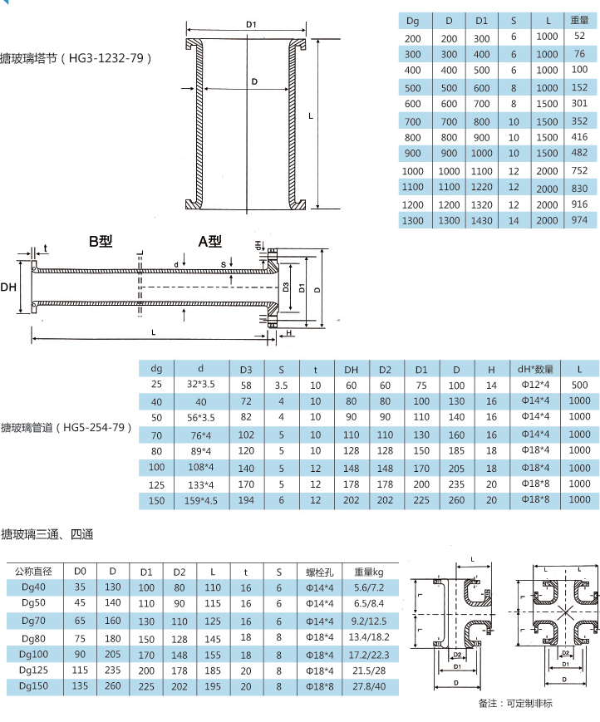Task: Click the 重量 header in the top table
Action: point(579,20)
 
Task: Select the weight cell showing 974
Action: point(579,220)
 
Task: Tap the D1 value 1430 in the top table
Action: point(481,220)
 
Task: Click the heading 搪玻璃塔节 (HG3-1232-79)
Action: point(76,58)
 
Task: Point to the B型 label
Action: point(101,241)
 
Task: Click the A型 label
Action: point(210,241)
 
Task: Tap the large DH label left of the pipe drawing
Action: point(8,287)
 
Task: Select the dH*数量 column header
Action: point(535,369)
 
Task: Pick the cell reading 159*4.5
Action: point(201,500)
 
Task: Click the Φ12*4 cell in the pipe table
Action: point(535,385)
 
